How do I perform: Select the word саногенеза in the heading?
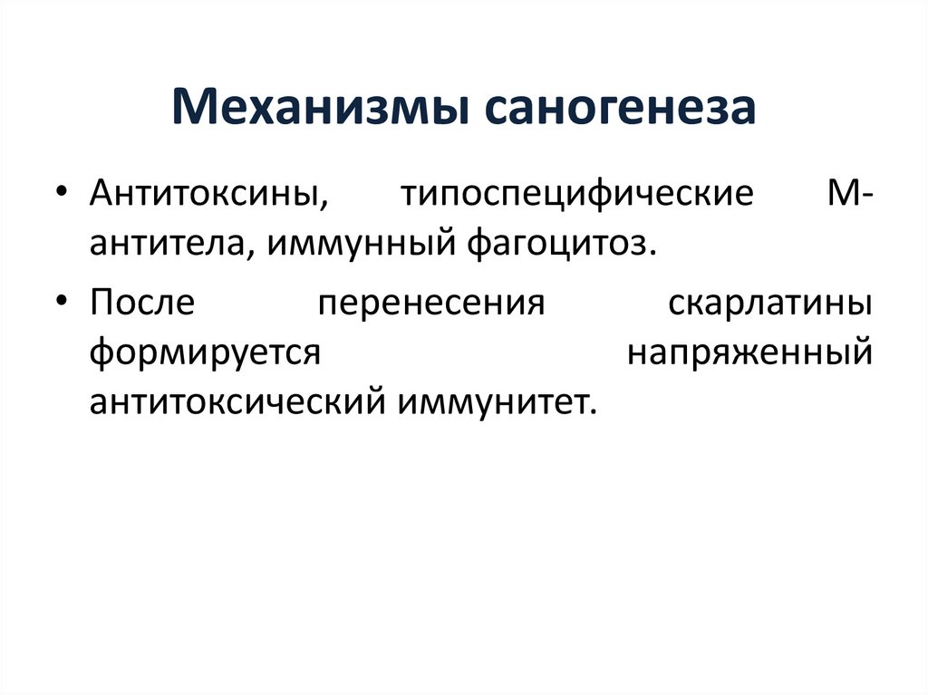[x=620, y=107]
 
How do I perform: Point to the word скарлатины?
[x=771, y=304]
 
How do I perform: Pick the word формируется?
[x=205, y=352]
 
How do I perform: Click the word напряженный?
[x=750, y=352]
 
